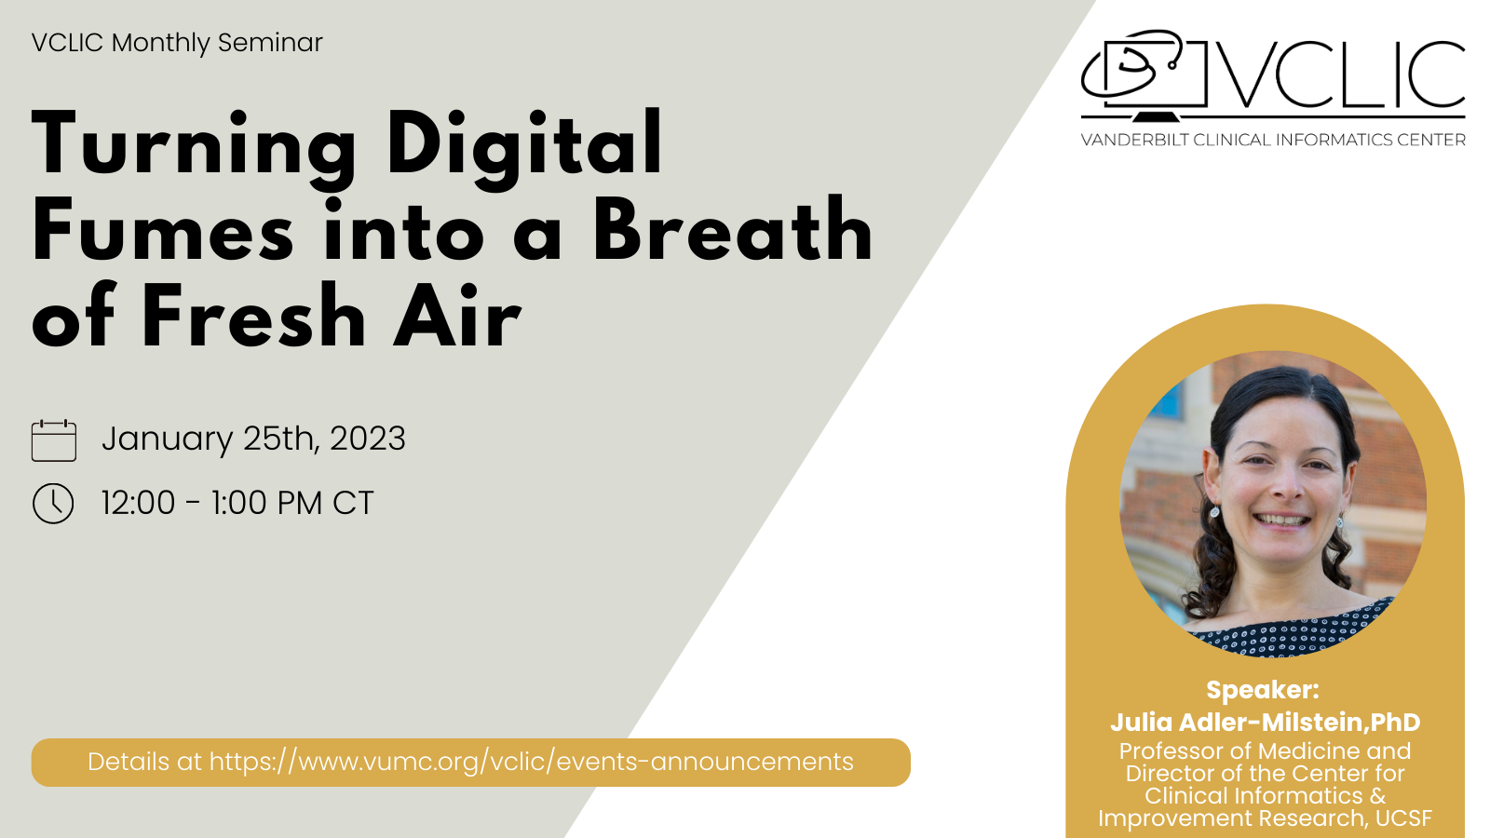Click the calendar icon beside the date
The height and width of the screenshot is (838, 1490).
tap(54, 440)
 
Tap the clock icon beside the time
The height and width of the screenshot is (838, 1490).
tap(53, 504)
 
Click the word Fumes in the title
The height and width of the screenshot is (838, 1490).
tap(162, 229)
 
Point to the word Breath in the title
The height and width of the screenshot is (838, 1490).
tap(733, 229)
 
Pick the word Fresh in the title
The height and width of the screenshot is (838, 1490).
tap(253, 316)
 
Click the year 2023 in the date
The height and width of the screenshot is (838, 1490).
tap(368, 439)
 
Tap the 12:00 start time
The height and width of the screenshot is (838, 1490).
tap(139, 503)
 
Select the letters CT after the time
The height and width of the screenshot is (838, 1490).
tap(353, 503)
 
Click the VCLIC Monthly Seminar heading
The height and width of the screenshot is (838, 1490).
tap(177, 43)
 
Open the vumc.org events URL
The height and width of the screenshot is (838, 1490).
tap(532, 762)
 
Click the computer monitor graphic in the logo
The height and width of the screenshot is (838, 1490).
tap(1145, 75)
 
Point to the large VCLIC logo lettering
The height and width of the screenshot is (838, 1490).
tap(1341, 74)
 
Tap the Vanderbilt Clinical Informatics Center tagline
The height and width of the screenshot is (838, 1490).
tap(1273, 140)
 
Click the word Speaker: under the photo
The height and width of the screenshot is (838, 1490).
tap(1263, 690)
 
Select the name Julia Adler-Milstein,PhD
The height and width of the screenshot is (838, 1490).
tap(1266, 723)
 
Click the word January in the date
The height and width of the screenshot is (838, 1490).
tap(167, 439)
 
